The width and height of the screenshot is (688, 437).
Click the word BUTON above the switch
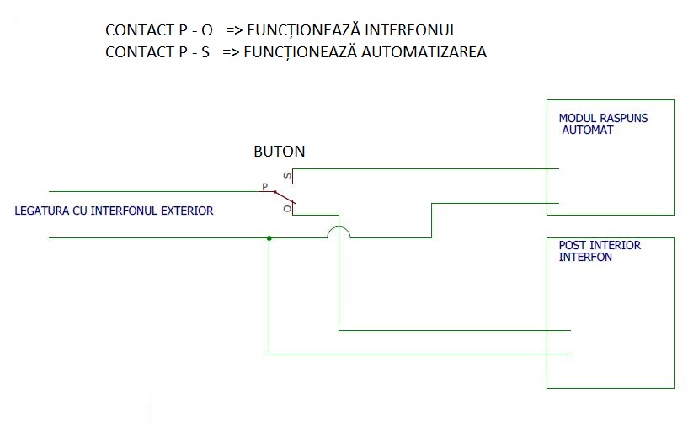pyautogui.click(x=280, y=152)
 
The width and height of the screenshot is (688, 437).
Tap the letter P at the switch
pyautogui.click(x=264, y=186)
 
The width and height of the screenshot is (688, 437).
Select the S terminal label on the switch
pyautogui.click(x=286, y=176)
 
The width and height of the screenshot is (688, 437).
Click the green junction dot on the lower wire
pyautogui.click(x=269, y=238)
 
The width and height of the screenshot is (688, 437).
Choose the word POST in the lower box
pyautogui.click(x=573, y=246)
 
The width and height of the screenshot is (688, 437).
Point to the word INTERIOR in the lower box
pyautogui.click(x=616, y=246)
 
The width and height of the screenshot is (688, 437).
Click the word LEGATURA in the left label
pyautogui.click(x=40, y=211)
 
